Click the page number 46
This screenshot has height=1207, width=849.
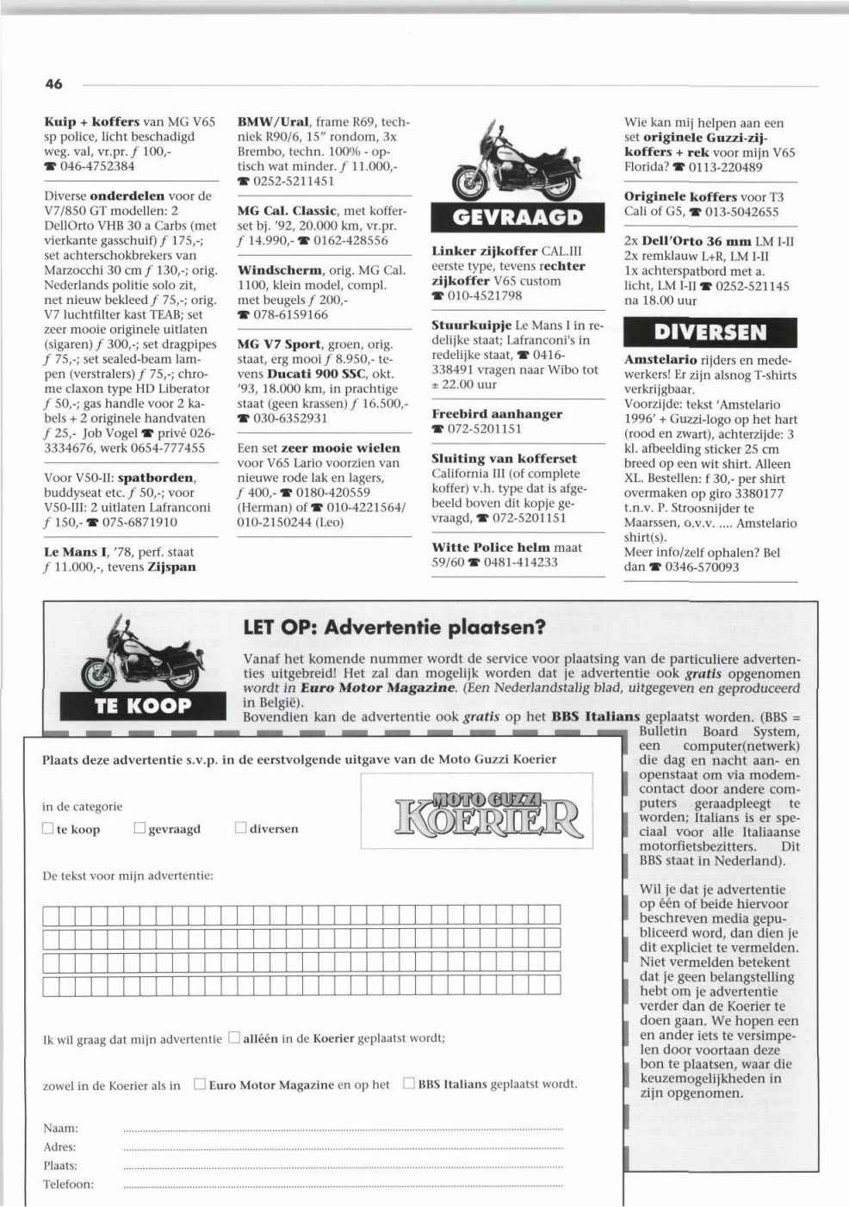click(53, 84)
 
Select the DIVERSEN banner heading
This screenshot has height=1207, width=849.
click(710, 332)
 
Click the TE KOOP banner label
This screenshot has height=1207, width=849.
click(143, 705)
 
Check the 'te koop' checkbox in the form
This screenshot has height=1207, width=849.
click(48, 829)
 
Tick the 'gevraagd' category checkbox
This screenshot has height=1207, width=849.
click(140, 829)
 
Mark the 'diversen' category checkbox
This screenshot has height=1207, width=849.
click(241, 828)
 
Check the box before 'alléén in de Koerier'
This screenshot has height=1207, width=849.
click(234, 1038)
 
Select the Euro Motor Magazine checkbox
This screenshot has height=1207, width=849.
click(200, 1084)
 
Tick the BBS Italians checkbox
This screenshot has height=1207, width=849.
click(409, 1084)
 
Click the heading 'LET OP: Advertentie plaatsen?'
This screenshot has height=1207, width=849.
click(394, 627)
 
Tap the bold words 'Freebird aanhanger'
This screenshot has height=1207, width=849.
click(497, 414)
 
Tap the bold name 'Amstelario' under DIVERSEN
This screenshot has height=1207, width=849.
click(660, 360)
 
